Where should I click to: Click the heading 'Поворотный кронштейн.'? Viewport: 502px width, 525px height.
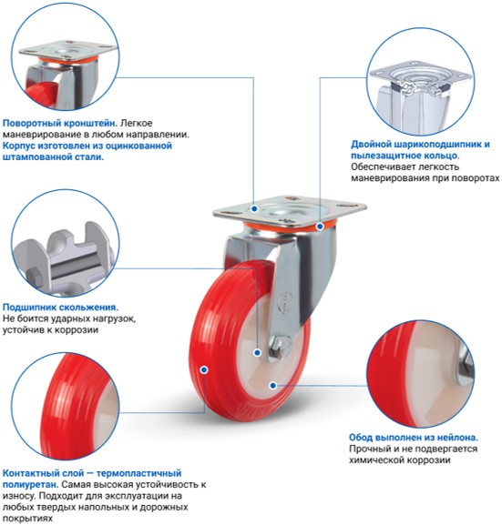60,123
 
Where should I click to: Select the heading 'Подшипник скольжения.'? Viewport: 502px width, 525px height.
60,307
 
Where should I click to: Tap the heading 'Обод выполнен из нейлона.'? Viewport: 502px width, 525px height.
414,438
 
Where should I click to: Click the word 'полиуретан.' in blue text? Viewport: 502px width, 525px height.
31,484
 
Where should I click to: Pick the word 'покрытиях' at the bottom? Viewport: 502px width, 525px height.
27,519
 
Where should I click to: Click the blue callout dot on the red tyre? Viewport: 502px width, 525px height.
204,369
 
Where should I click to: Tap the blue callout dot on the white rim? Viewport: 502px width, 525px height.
273,386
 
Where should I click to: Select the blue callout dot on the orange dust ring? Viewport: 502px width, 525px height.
320,227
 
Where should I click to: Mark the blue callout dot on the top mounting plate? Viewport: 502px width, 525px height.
254,208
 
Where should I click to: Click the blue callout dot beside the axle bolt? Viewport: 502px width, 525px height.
257,352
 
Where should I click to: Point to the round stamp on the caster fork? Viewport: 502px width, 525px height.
285,299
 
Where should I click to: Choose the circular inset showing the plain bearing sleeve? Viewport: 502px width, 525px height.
66,244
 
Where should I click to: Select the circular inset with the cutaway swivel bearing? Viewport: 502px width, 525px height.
420,82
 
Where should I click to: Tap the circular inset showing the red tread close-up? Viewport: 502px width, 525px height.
66,406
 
